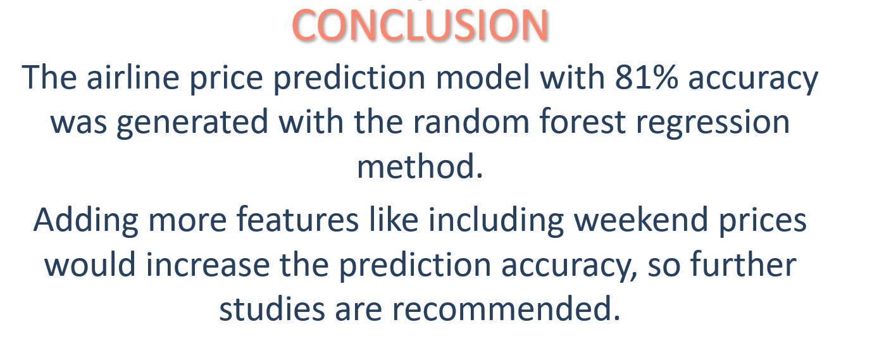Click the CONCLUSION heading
point(420,26)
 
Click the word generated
point(193,121)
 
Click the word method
point(420,167)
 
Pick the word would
point(90,264)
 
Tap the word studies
point(268,309)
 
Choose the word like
point(389,220)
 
